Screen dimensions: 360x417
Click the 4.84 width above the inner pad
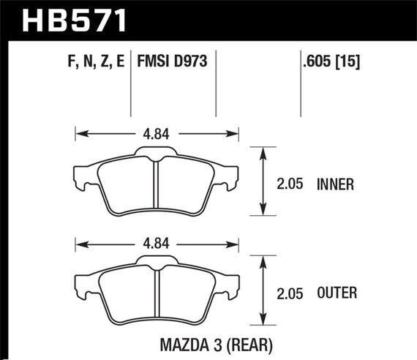click(x=157, y=133)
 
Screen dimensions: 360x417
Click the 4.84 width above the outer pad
click(x=157, y=241)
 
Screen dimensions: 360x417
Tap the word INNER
click(x=336, y=185)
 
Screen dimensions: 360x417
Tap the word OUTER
click(x=337, y=293)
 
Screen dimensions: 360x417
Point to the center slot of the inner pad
click(x=157, y=188)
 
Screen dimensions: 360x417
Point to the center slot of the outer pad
click(x=157, y=296)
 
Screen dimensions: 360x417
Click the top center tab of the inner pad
click(x=157, y=151)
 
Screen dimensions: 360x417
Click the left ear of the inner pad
click(x=83, y=176)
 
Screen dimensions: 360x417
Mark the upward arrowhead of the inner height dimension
click(x=262, y=151)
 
